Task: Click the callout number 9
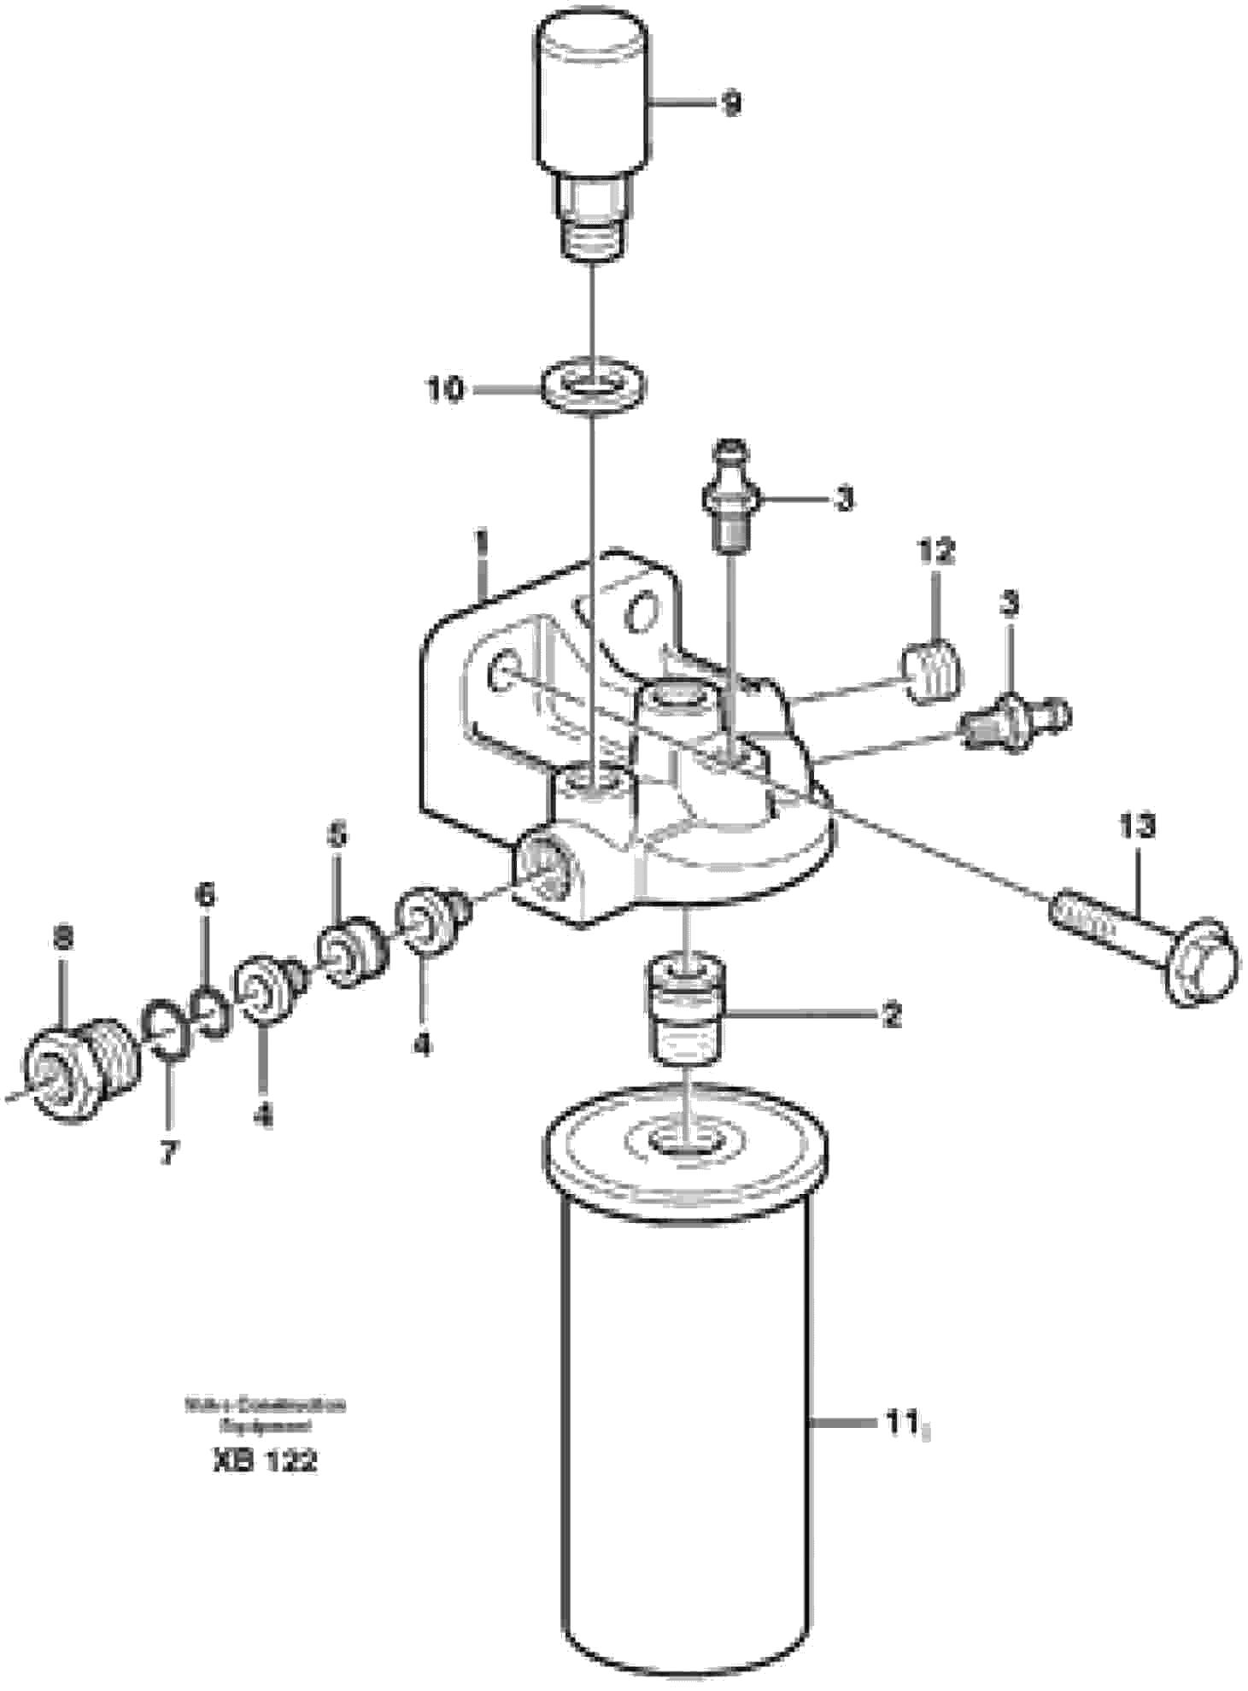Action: point(730,105)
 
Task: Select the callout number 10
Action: point(446,390)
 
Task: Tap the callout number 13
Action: point(1136,826)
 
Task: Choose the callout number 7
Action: point(168,1153)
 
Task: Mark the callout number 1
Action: point(483,543)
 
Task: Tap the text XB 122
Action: point(264,1460)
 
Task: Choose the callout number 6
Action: point(205,895)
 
